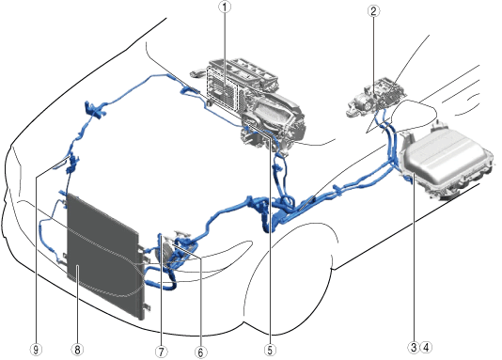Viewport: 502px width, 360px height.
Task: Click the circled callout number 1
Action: (225, 7)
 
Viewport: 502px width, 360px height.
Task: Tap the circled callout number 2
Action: (373, 11)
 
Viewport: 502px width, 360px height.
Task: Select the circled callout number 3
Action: (414, 347)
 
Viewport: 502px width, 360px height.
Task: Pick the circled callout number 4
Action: (426, 347)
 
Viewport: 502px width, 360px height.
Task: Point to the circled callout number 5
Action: (270, 350)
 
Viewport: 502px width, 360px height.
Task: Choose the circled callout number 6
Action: (200, 352)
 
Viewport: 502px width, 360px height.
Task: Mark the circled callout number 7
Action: (162, 352)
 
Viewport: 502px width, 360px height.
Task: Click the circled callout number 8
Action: (77, 350)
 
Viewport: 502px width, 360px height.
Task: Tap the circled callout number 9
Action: (36, 350)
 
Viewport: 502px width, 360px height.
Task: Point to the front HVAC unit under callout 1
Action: (253, 102)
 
